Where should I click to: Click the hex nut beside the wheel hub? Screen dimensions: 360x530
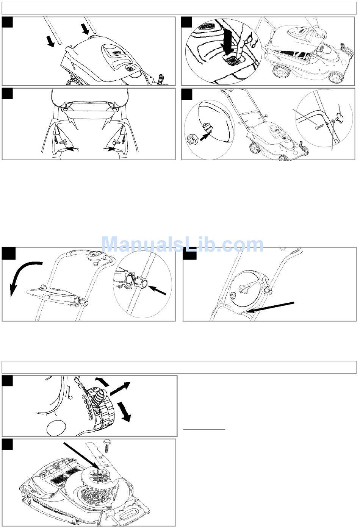click(x=192, y=140)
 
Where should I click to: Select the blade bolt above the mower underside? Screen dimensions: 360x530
click(x=106, y=446)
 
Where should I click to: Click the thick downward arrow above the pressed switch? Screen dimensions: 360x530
click(x=228, y=41)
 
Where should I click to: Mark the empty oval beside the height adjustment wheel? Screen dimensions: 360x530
click(x=56, y=428)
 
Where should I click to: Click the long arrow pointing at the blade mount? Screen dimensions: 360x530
click(x=82, y=455)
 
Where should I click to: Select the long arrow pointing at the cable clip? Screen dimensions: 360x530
click(x=271, y=307)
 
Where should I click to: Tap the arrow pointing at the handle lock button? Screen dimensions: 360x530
click(x=158, y=290)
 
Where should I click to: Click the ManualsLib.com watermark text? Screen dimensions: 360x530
click(x=182, y=244)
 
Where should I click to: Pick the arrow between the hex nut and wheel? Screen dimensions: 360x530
click(x=205, y=136)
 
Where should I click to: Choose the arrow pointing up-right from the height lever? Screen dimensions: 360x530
click(x=120, y=389)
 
